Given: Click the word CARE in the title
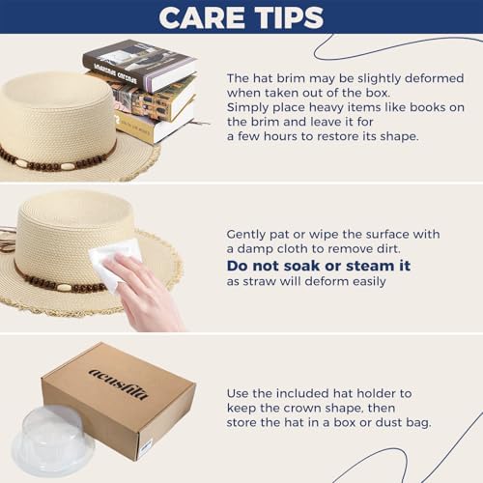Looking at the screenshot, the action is [202, 17].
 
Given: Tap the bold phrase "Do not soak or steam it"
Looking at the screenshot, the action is [319, 266].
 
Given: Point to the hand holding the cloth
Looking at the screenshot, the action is [145, 292].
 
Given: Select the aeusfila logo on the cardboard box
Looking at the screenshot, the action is [119, 384].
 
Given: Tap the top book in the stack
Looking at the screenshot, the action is [140, 65].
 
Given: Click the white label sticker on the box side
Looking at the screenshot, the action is [146, 446].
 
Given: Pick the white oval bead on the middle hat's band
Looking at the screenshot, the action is [66, 287].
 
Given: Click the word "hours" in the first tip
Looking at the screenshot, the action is [280, 136].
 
